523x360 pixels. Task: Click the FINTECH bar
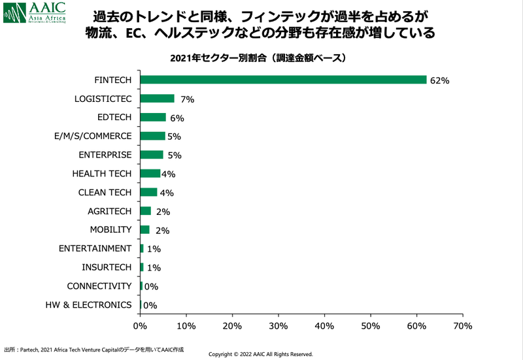pyautogui.click(x=283, y=80)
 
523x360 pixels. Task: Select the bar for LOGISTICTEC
pyautogui.click(x=157, y=99)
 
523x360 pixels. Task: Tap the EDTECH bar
pyautogui.click(x=153, y=118)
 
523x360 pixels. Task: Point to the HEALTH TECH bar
pyautogui.click(x=150, y=174)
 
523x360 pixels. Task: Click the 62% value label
pyautogui.click(x=439, y=80)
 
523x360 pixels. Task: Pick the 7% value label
pyautogui.click(x=188, y=99)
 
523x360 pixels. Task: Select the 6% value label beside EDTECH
pyautogui.click(x=177, y=118)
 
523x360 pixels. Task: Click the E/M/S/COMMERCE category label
pyautogui.click(x=93, y=136)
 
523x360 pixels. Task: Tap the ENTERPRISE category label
pyautogui.click(x=105, y=155)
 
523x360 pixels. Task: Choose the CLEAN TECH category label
pyautogui.click(x=105, y=192)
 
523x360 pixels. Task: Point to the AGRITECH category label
pyautogui.click(x=110, y=211)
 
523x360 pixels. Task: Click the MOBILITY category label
pyautogui.click(x=110, y=229)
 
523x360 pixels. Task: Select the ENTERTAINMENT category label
pyautogui.click(x=95, y=248)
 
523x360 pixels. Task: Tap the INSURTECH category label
pyautogui.click(x=107, y=267)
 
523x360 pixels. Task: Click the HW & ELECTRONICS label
pyautogui.click(x=88, y=305)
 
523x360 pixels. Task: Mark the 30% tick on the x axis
pyautogui.click(x=278, y=325)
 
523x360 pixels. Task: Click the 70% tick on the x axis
pyautogui.click(x=463, y=325)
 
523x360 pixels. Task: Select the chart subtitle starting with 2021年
pyautogui.click(x=257, y=58)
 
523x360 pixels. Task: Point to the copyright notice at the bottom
pyautogui.click(x=260, y=354)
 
